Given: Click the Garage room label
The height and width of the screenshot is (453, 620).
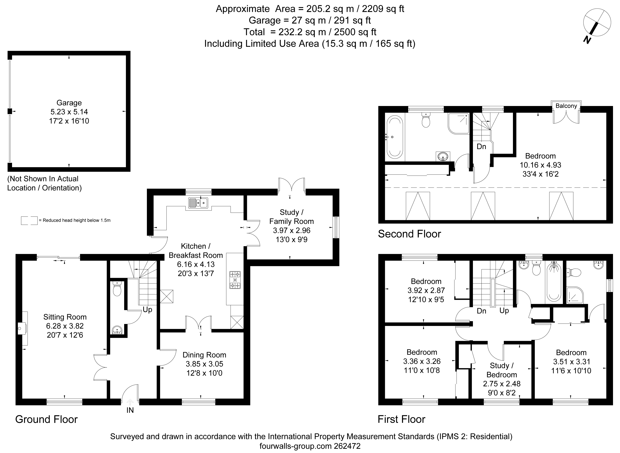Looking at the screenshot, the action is coord(69,103).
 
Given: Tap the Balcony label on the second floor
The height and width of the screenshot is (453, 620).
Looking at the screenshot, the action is coord(566,106).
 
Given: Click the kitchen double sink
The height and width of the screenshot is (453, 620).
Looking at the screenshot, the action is coord(198,203).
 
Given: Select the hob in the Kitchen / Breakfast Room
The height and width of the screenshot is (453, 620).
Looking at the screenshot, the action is coord(235,280).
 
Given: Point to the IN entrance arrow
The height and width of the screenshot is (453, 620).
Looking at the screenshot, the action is coord(130,402).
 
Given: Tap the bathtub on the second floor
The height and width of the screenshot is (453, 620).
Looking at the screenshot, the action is coord(394,137).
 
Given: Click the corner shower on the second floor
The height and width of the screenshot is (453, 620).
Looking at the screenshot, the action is coord(458,124).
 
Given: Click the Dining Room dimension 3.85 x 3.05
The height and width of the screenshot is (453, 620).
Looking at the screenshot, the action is coord(204,364).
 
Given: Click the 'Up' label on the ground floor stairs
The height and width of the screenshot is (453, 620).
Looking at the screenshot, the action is coord(147,310).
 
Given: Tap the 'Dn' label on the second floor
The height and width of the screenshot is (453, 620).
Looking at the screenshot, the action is coord(481,146).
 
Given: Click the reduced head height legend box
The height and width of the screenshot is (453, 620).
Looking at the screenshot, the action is coord(29,220).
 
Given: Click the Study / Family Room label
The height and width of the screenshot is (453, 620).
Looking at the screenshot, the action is coord(292,217).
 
